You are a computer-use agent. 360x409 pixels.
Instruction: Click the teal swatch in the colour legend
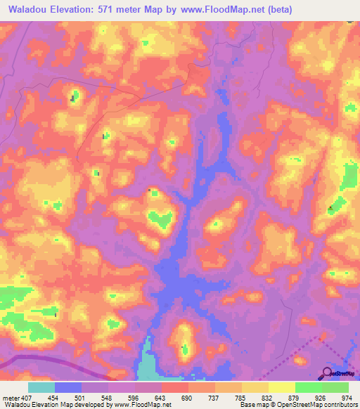(x=41, y=388)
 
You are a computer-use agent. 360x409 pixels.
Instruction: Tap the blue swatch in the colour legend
(x=68, y=388)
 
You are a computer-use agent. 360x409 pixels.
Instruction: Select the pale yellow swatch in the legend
(x=281, y=388)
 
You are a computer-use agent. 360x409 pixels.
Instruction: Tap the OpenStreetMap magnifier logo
(x=328, y=372)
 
